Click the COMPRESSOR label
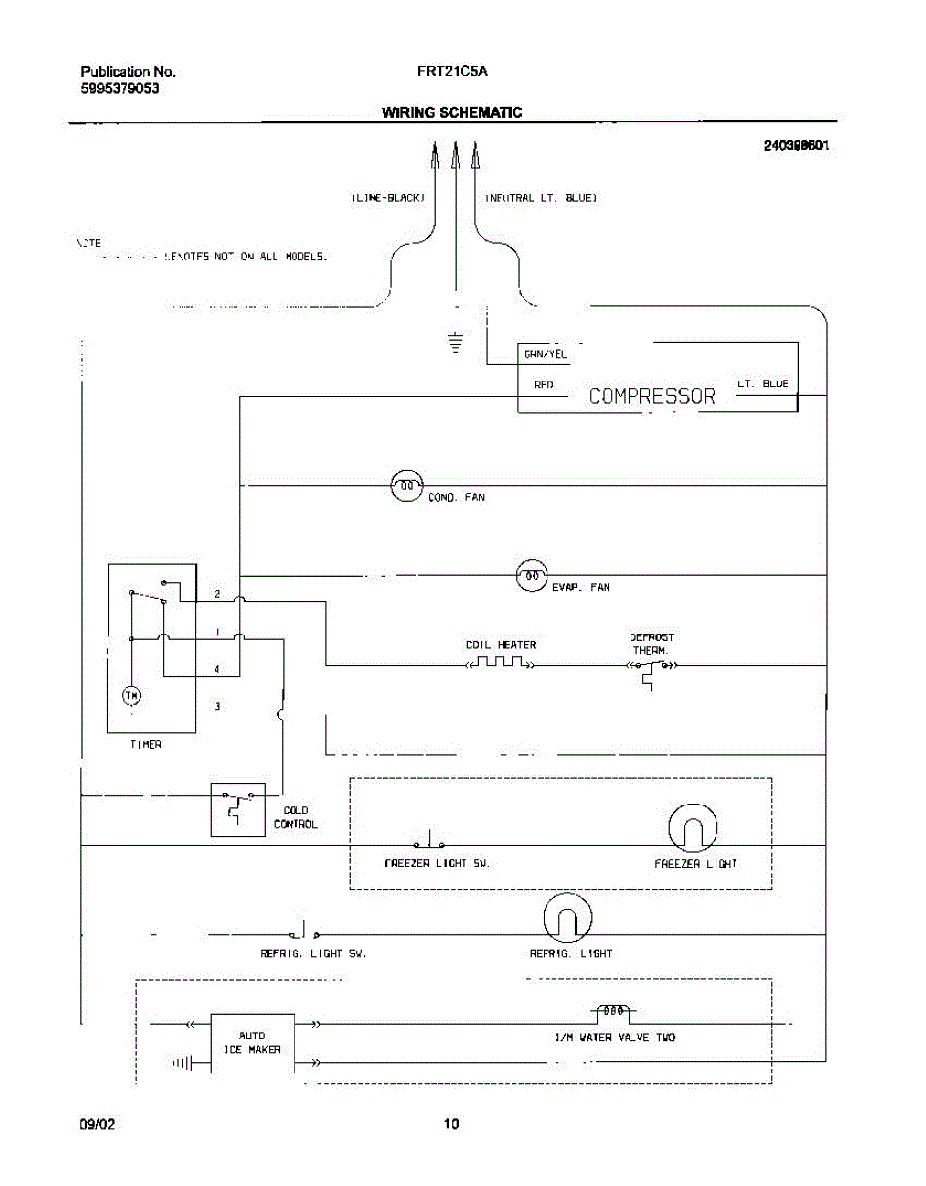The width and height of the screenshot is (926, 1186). pos(651,396)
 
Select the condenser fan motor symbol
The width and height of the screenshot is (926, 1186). pos(407,485)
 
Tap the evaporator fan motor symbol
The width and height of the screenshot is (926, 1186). pos(532,575)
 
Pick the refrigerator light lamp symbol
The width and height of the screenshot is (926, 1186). pos(566,919)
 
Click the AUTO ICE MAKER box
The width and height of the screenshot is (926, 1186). pos(253,1043)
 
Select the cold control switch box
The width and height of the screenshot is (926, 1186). pos(238,808)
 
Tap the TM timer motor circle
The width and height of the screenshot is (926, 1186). pos(131,696)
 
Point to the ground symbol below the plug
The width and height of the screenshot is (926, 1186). pos(455,343)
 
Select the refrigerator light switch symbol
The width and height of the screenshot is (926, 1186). pos(303,931)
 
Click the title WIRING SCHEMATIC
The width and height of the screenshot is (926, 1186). pos(452,113)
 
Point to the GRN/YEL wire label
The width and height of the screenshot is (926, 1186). pos(545,354)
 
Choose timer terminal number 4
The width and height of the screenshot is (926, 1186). pos(217,669)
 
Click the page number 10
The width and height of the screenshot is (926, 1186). pos(451,1124)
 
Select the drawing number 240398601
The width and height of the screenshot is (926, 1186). pos(795,145)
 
